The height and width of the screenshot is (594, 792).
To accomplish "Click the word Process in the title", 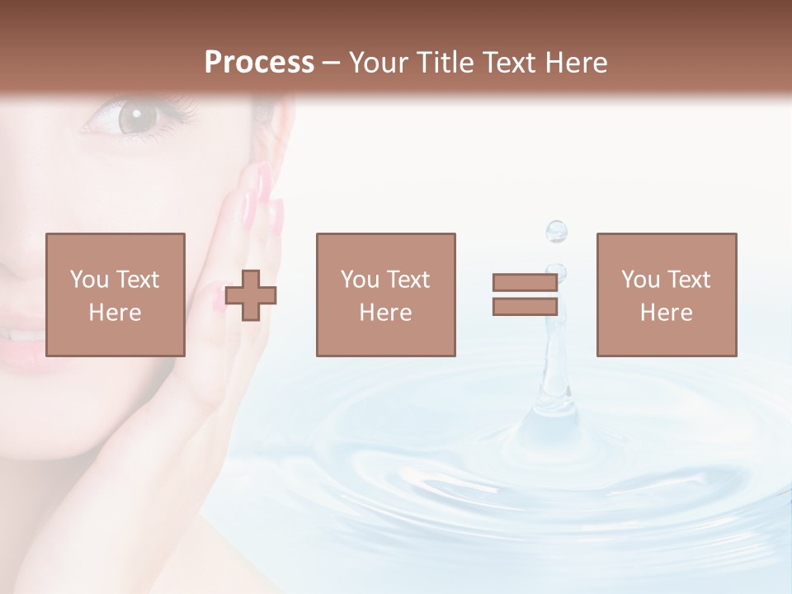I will pos(259,63).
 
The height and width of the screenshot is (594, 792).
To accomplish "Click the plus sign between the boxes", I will pos(251,295).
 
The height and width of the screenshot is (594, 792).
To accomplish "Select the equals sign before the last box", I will pos(525,295).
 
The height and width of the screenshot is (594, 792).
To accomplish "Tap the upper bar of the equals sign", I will pos(525,283).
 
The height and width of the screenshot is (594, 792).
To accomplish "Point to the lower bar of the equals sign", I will pos(525,306).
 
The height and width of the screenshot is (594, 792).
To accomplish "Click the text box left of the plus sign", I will pos(115,295).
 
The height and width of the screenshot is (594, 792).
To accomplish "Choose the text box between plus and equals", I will pos(385,295).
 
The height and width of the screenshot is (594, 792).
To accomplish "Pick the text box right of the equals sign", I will pos(666,295).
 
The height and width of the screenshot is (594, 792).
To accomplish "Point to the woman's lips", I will pos(25,338).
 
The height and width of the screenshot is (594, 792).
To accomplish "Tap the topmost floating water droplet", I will pos(557,230).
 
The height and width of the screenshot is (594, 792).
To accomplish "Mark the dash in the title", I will pos(332,63).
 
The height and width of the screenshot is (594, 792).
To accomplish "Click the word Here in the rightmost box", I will pos(666,312).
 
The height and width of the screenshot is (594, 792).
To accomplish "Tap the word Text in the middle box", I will pos(408,279).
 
